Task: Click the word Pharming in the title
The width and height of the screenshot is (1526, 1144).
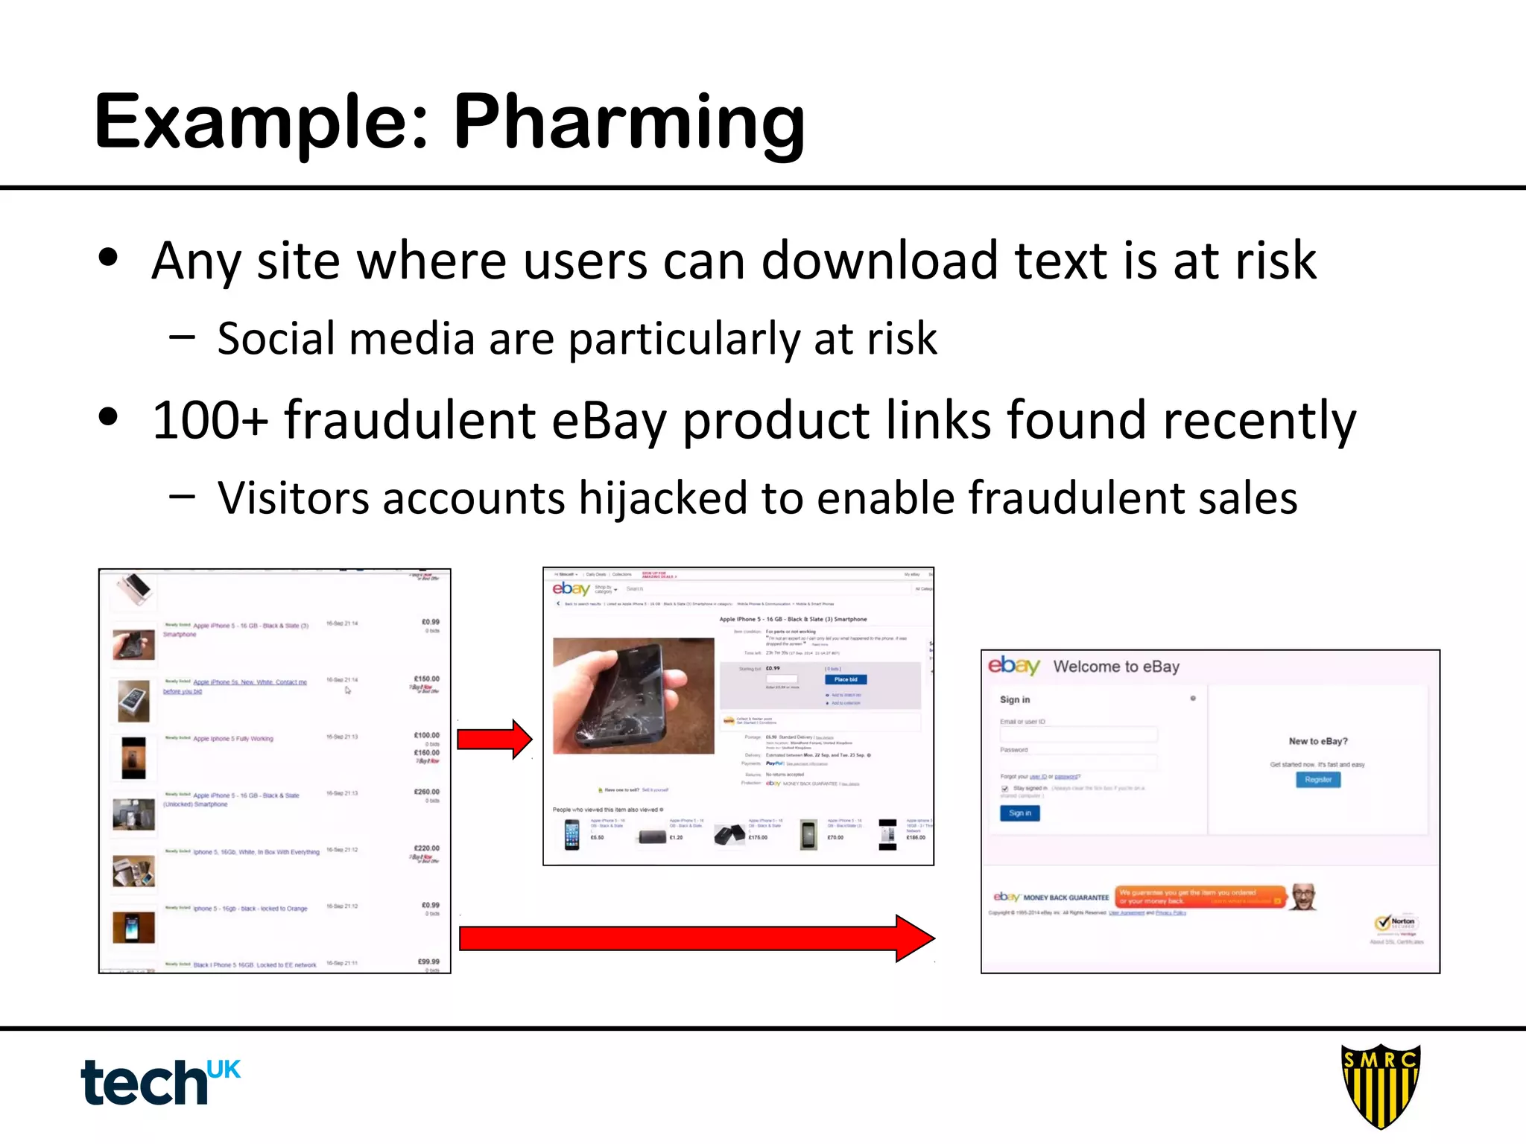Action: [x=630, y=123]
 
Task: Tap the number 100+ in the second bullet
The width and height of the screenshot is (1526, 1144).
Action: [x=210, y=420]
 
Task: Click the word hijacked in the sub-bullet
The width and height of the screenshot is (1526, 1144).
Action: [x=663, y=498]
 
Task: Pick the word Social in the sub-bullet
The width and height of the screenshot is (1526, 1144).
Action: [x=276, y=339]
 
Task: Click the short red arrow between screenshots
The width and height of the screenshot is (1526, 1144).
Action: [x=494, y=739]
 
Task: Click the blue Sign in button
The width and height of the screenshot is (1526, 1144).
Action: [x=1019, y=813]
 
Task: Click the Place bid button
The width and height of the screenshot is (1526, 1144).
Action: [x=846, y=679]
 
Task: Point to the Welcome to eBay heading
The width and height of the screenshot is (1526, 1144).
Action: [x=1116, y=667]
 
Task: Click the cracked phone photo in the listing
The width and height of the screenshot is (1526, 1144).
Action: [x=633, y=696]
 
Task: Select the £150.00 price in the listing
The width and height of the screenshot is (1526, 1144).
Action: [x=426, y=679]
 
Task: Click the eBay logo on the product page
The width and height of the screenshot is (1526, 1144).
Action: [x=571, y=589]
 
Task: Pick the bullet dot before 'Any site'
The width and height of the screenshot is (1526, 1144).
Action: [x=109, y=258]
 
